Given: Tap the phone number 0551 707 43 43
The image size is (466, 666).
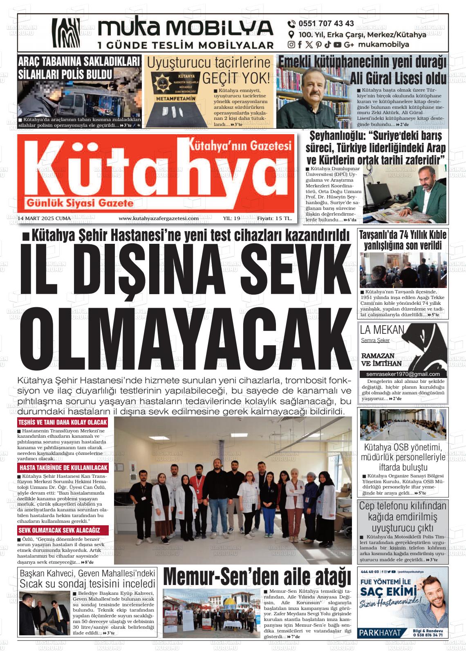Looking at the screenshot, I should [326, 24].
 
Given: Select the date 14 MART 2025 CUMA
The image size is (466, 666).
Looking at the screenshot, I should [45, 218].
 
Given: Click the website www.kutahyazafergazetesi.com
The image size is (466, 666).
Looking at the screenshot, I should [159, 218].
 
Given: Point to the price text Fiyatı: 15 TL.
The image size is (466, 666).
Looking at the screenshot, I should [274, 218].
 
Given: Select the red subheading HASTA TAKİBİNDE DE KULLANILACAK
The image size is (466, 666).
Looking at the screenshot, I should [63, 468].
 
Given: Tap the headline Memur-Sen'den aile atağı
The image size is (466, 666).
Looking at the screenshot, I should [257, 577].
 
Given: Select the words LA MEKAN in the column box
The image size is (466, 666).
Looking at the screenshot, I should [382, 330].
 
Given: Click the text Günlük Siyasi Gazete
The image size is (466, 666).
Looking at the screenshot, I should [80, 203].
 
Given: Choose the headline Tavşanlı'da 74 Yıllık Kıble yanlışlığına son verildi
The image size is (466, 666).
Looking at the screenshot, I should [403, 240].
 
